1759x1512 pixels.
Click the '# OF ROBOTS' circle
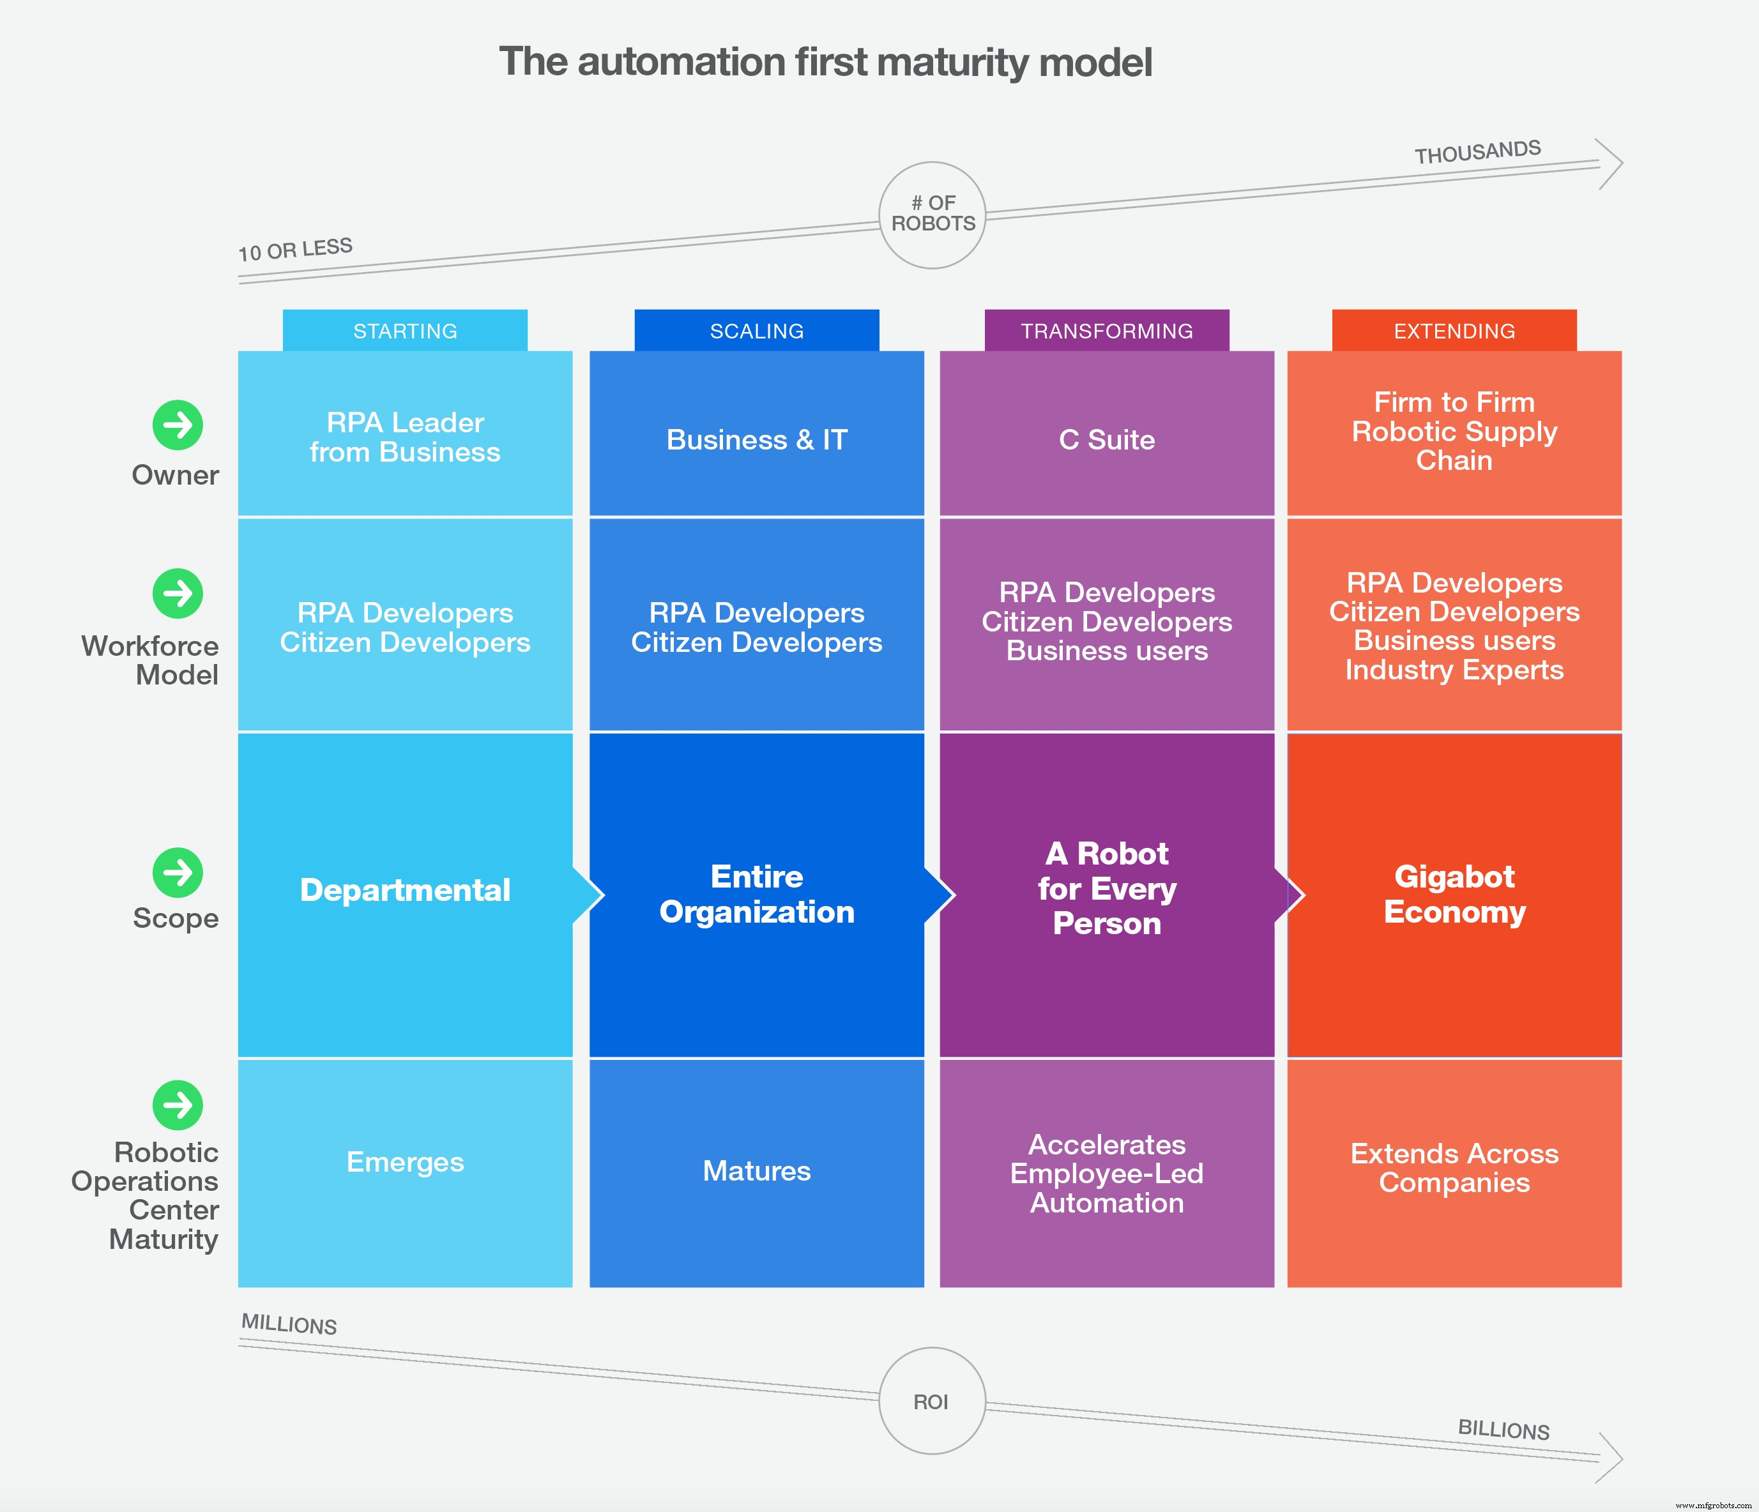[932, 215]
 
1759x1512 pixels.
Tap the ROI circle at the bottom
[932, 1401]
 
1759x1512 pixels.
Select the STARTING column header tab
[405, 331]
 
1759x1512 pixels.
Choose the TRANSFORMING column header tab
[1106, 331]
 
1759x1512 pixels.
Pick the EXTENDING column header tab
[1454, 331]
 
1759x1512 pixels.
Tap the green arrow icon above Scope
[178, 872]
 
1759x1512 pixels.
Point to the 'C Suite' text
[1106, 439]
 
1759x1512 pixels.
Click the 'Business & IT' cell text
[756, 439]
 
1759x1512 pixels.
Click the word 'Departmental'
[405, 890]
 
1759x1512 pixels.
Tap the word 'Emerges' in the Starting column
[405, 1161]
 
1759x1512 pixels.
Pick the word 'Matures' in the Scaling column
[756, 1171]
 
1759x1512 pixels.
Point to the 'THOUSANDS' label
[1477, 152]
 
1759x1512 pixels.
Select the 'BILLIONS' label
[1504, 1429]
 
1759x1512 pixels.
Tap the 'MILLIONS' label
[289, 1324]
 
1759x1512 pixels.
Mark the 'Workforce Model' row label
[150, 660]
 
